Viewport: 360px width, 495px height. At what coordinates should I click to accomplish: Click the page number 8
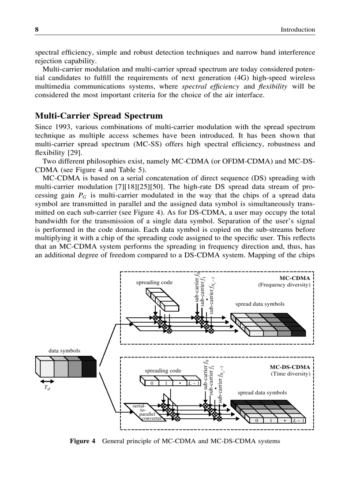point(37,30)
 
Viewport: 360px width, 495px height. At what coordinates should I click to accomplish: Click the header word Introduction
point(298,30)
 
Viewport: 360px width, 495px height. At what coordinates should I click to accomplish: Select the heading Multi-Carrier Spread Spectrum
point(99,116)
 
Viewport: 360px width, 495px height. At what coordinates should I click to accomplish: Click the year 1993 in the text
point(61,127)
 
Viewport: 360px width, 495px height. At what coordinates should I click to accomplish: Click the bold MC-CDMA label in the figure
point(294,278)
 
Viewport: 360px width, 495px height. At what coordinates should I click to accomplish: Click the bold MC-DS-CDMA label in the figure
point(289,367)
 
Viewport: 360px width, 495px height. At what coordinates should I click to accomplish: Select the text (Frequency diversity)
point(284,285)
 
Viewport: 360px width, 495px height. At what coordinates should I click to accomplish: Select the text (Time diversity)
point(290,374)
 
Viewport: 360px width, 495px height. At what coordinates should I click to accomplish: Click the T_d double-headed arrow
point(46,381)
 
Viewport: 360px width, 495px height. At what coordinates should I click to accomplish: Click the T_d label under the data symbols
point(46,389)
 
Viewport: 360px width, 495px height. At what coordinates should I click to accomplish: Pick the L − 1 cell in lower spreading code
point(193,383)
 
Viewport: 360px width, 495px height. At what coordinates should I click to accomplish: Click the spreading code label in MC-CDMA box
point(154,282)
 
